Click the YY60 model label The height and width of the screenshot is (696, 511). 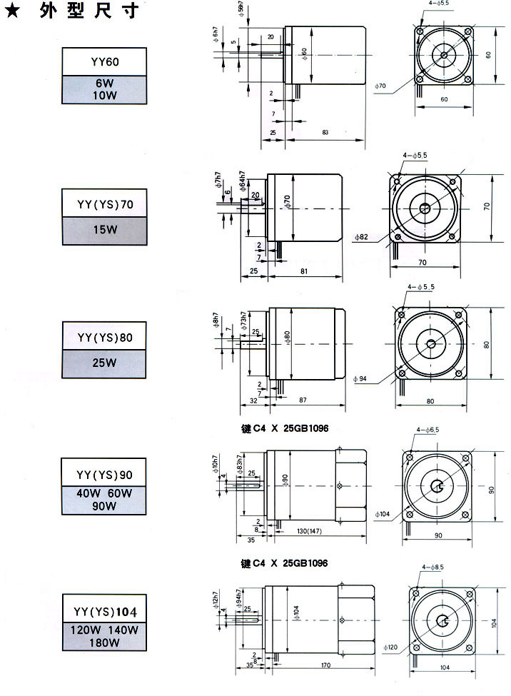tap(106, 61)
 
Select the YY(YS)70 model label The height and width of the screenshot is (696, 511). tap(106, 203)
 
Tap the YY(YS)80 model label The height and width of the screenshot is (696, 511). tap(106, 336)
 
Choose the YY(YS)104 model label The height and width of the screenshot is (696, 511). tap(106, 611)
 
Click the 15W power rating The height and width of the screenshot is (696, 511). tap(106, 230)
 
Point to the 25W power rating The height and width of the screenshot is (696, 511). tap(106, 362)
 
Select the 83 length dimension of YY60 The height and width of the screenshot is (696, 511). tap(325, 133)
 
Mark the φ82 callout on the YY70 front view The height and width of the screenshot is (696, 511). tap(360, 237)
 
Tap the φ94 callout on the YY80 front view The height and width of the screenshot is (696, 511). tap(360, 378)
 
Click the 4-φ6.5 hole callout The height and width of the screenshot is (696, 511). tap(427, 430)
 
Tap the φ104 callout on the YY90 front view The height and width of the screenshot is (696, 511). tap(383, 513)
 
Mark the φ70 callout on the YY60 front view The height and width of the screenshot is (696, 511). tap(380, 86)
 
